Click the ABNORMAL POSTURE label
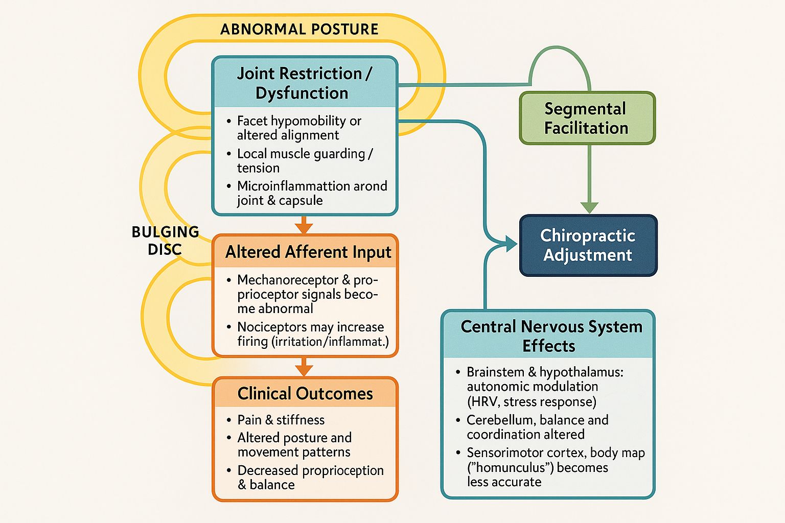[299, 29]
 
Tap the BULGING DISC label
[165, 241]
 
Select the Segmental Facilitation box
[587, 118]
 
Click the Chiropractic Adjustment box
[588, 245]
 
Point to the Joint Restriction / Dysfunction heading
[304, 83]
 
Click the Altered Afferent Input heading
[308, 252]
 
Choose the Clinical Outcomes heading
[305, 393]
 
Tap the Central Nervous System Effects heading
[551, 336]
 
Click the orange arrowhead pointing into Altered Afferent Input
[304, 228]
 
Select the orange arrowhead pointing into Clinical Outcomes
[304, 370]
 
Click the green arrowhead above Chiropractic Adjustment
[589, 207]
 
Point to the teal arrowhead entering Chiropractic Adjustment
[512, 244]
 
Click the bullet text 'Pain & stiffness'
[281, 420]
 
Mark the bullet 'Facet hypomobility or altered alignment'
[298, 128]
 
